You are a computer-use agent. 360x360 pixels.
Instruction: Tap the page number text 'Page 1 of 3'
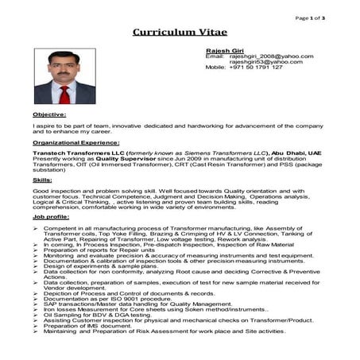(x=309, y=17)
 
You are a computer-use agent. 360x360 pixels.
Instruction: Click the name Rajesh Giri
(x=223, y=50)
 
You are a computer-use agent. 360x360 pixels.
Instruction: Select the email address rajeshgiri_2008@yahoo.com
(x=271, y=56)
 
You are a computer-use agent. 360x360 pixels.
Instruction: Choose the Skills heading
(x=43, y=180)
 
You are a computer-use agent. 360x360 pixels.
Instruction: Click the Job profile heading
(x=51, y=216)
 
